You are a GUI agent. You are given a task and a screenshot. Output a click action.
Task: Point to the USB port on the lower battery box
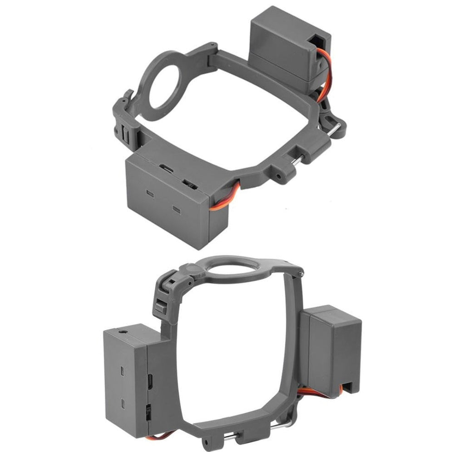click(x=149, y=378)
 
